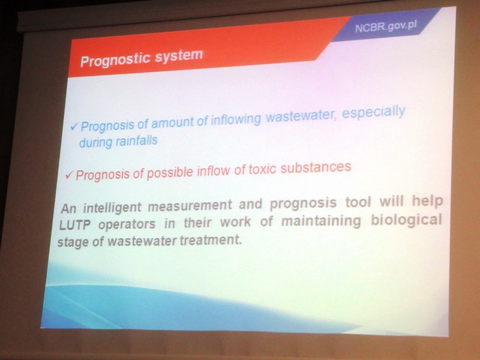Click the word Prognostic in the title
click(115, 59)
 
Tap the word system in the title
click(179, 56)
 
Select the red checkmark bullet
click(69, 175)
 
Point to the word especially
click(373, 112)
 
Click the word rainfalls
click(136, 141)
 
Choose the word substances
click(316, 167)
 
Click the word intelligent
click(112, 207)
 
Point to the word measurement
click(190, 205)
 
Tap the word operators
click(127, 224)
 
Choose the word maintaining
click(321, 221)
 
